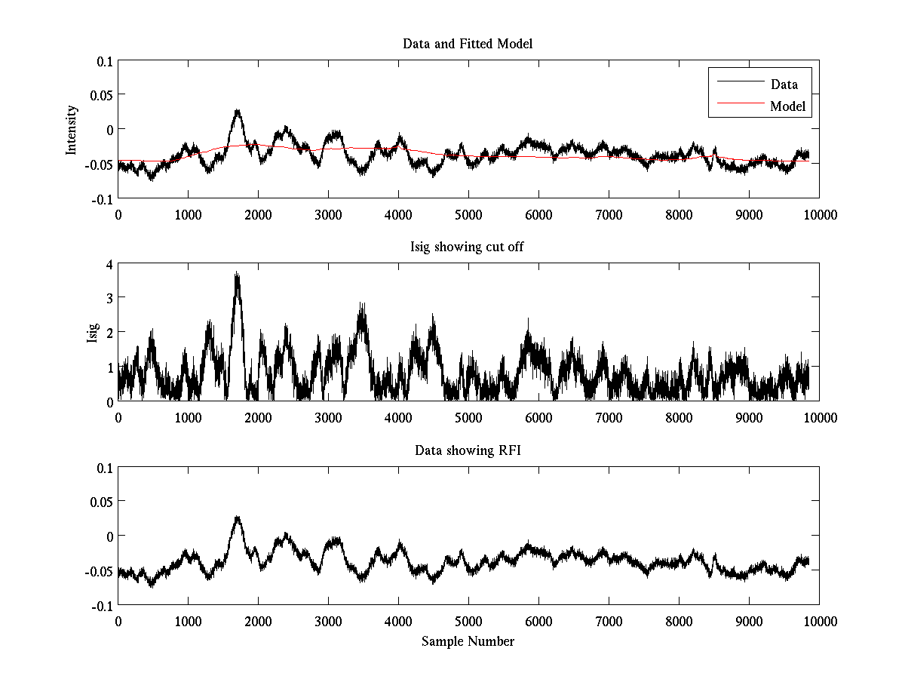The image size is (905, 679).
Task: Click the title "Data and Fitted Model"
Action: click(x=468, y=44)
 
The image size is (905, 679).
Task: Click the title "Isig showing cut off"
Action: click(x=468, y=247)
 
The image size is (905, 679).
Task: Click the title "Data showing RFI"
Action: click(x=468, y=450)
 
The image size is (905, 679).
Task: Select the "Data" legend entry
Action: click(x=784, y=84)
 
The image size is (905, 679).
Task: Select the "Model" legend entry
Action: click(x=787, y=106)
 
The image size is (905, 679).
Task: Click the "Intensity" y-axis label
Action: click(x=72, y=130)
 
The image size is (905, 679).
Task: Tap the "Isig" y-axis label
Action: click(x=93, y=333)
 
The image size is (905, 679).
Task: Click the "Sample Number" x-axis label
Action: click(x=468, y=641)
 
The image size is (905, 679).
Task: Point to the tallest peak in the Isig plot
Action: click(x=237, y=273)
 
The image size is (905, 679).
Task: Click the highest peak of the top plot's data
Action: click(x=237, y=111)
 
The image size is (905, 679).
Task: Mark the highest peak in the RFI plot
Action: click(x=237, y=518)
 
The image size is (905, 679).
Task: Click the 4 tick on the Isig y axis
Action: click(x=109, y=264)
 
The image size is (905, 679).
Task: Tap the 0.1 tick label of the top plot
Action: click(x=102, y=61)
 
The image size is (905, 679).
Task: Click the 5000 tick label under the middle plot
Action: click(x=468, y=417)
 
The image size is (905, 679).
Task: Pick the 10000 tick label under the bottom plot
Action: click(x=819, y=621)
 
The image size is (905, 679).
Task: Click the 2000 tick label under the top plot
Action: click(x=258, y=214)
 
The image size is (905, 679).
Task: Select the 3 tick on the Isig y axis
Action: click(x=109, y=299)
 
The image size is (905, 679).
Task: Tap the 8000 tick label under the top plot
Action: click(x=679, y=214)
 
